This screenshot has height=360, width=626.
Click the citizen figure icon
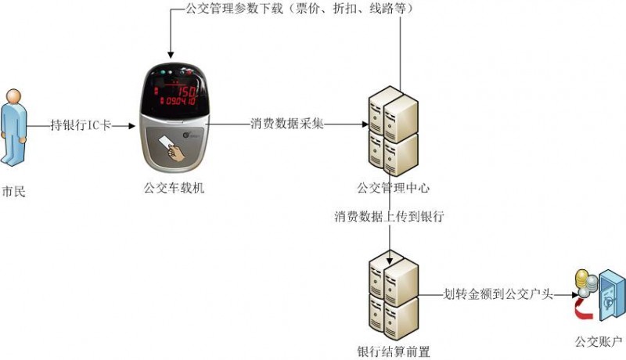[x=14, y=127]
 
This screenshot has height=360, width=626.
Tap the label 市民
[x=14, y=190]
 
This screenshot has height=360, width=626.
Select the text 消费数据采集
[x=287, y=124]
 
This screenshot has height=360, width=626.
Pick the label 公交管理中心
[x=393, y=189]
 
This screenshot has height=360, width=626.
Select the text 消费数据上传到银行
[x=389, y=217]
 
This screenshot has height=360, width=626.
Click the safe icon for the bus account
[x=606, y=297]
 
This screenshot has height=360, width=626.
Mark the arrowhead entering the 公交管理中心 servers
[x=363, y=124]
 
